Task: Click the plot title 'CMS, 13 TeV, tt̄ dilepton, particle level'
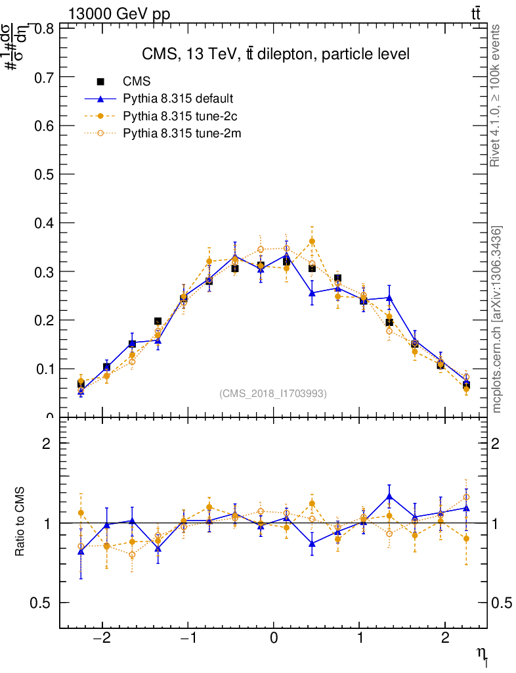tap(276, 55)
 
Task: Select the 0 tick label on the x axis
tap(274, 639)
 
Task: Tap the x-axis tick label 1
tap(360, 639)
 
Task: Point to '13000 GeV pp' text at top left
tap(119, 14)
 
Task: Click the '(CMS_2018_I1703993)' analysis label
tap(273, 393)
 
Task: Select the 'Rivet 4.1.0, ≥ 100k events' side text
tap(496, 95)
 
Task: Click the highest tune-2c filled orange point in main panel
tap(312, 241)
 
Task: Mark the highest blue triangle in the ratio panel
tap(389, 496)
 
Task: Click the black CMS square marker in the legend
tap(100, 81)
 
